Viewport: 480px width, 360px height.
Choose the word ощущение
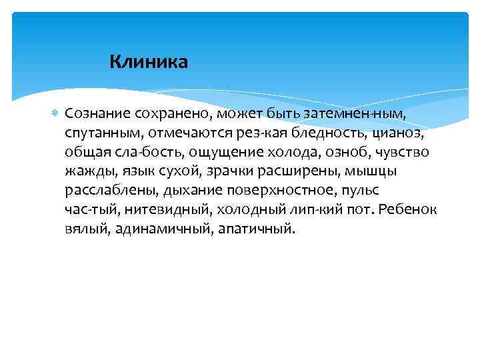pyautogui.click(x=236, y=152)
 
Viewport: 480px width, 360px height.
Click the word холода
pyautogui.click(x=300, y=152)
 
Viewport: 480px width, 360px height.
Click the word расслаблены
pyautogui.click(x=111, y=190)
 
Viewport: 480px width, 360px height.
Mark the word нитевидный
pyautogui.click(x=163, y=209)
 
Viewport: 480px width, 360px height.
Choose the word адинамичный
pyautogui.click(x=157, y=229)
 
